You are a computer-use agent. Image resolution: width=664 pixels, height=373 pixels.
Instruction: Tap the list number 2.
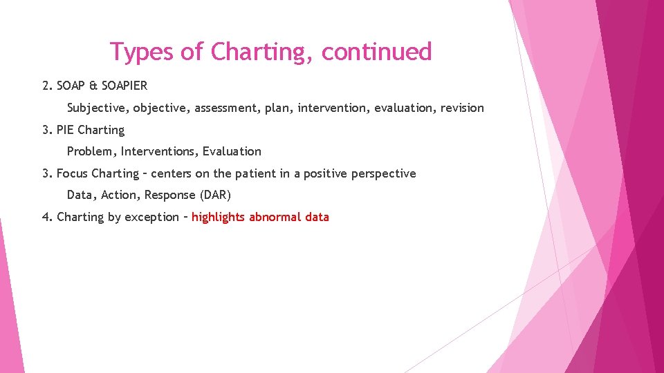coord(46,86)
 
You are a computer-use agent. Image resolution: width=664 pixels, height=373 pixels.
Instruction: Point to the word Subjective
coord(98,108)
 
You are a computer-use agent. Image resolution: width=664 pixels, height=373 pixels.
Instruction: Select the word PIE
coord(66,130)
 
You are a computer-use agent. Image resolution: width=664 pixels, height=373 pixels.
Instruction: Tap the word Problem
coord(91,151)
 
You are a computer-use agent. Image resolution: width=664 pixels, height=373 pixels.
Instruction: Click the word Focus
coord(73,173)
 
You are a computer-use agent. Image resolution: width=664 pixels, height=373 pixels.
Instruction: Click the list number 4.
coord(46,217)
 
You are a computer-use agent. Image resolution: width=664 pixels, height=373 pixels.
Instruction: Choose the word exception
coord(152,217)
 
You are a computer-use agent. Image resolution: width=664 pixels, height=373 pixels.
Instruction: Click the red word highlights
coord(219,217)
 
